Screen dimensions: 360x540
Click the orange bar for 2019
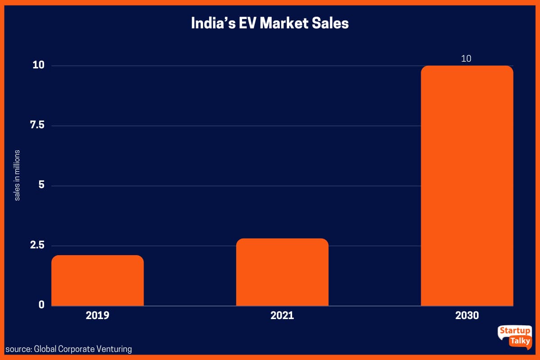(x=98, y=281)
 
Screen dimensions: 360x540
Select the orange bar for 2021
(x=282, y=272)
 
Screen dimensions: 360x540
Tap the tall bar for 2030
(x=467, y=186)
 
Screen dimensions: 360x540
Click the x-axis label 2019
(x=98, y=315)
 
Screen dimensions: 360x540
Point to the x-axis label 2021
(x=282, y=315)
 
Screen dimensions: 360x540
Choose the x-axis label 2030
(x=467, y=315)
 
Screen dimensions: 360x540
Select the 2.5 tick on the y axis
(x=37, y=245)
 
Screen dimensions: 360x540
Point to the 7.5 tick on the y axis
(x=37, y=125)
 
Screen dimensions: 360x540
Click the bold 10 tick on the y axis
(x=38, y=65)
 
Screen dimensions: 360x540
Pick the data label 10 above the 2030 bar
(x=466, y=58)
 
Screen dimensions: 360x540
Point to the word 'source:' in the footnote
(x=18, y=349)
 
